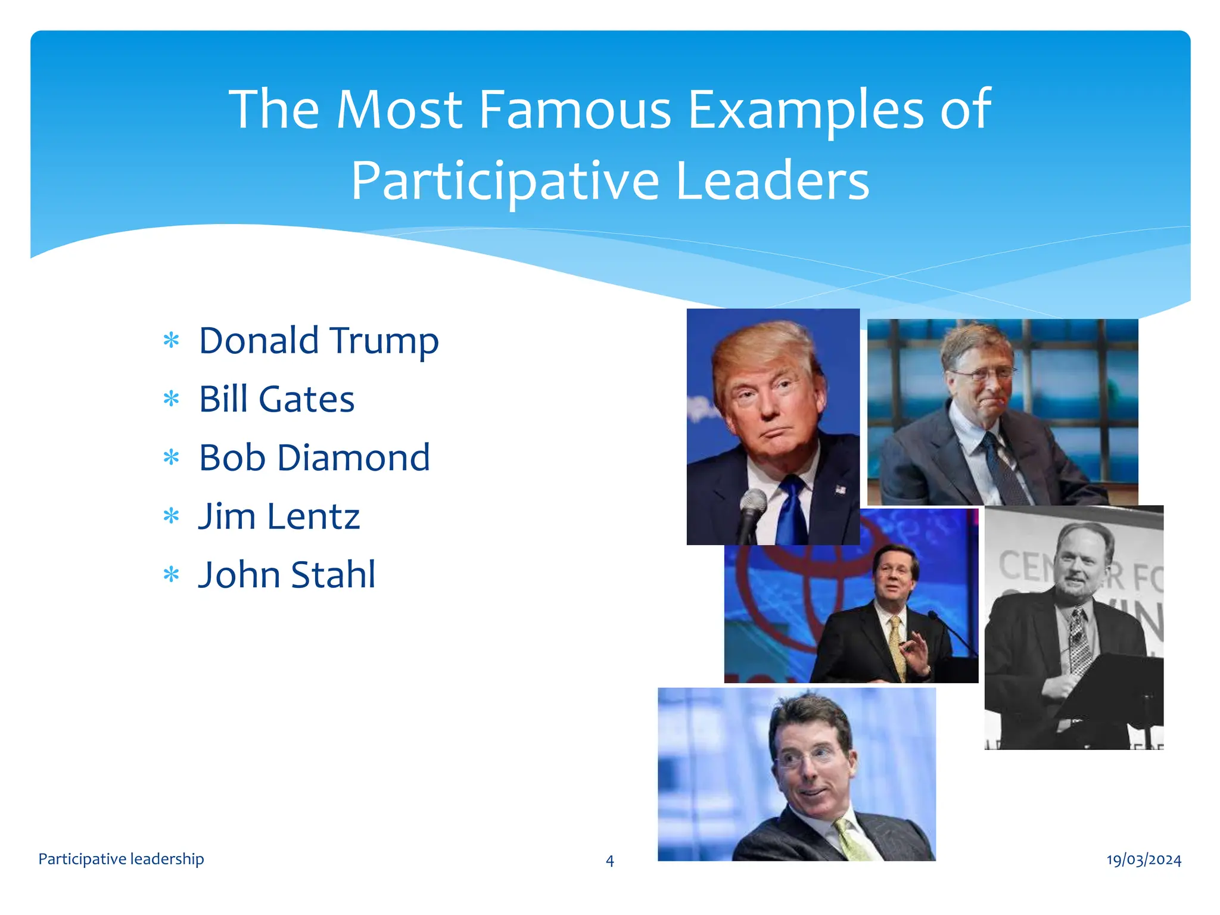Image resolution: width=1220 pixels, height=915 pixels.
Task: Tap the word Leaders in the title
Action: tap(773, 180)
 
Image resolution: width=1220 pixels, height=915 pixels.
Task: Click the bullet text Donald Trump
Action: tap(319, 341)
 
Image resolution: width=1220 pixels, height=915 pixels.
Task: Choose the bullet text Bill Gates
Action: tap(276, 399)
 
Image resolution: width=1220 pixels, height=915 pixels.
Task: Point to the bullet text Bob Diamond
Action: tap(314, 457)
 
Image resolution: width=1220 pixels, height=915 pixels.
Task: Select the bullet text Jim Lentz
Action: tap(279, 516)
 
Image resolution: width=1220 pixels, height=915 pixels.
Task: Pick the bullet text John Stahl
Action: tap(287, 575)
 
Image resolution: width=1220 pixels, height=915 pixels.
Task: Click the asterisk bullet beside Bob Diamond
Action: tap(172, 458)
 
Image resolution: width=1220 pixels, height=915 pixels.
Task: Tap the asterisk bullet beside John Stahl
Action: tap(172, 575)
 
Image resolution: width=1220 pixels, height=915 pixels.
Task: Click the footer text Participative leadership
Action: tap(121, 859)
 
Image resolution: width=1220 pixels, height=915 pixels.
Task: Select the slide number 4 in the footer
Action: tap(609, 861)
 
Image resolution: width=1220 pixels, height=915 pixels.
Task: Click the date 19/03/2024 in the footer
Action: tap(1144, 860)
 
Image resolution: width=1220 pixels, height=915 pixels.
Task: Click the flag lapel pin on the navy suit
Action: tap(840, 490)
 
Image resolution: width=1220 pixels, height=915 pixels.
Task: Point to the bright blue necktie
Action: tap(793, 512)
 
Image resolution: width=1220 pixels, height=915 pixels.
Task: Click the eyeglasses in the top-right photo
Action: tap(983, 375)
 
